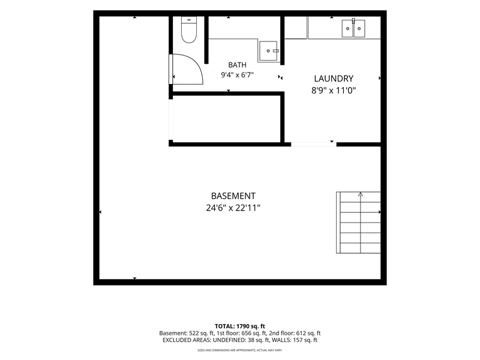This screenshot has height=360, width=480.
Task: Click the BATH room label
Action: pos(237,65)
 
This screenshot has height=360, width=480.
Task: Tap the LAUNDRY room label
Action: pos(334,79)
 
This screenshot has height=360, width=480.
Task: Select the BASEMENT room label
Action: pos(233,196)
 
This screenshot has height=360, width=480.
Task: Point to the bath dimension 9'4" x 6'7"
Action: pos(237,74)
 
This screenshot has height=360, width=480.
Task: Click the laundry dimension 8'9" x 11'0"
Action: pos(334,91)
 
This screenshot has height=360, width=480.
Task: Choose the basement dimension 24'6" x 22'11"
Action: pos(233,208)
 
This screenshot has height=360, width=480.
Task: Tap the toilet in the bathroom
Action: pos(189,29)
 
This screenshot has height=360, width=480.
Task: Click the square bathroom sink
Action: pos(268,51)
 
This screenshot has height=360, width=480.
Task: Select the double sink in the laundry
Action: pos(353,28)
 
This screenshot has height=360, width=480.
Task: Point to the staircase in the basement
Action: pos(358,223)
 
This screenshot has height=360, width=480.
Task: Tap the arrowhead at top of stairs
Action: pos(361,194)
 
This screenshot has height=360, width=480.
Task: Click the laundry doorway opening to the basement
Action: pos(313,145)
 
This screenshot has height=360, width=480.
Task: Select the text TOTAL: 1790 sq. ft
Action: pos(239,326)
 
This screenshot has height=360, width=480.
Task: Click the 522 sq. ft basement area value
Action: pos(201,334)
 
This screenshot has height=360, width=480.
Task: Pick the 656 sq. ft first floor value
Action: pos(253,334)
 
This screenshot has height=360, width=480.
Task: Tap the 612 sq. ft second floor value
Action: pos(308,334)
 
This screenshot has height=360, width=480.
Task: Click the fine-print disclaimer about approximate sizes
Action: pos(240,350)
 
